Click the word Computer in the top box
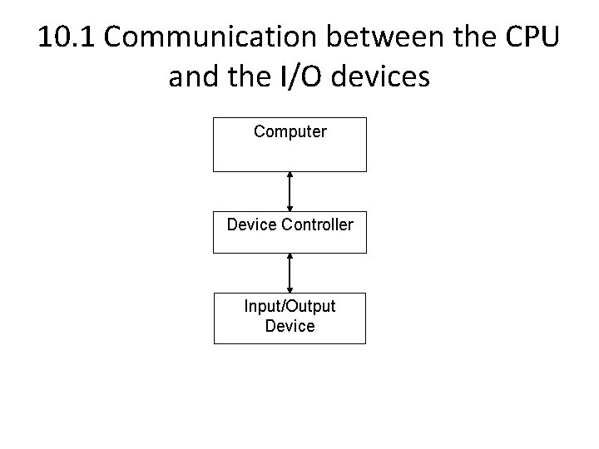[290, 131]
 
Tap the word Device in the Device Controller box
[252, 224]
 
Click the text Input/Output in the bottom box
[290, 307]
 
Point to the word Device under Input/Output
[290, 326]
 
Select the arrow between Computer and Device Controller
[290, 191]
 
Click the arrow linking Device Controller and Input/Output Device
[290, 272]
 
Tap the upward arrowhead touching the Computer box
[290, 175]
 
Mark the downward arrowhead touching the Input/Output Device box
[290, 289]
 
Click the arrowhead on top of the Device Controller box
[290, 208]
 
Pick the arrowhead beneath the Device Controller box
[290, 257]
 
